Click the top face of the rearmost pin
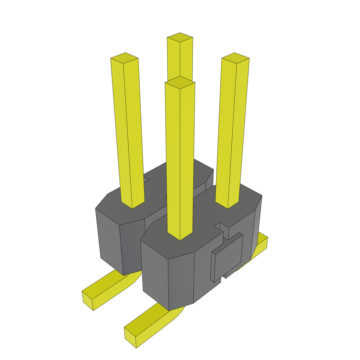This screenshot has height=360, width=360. [x=180, y=37]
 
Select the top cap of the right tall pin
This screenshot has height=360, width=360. [x=235, y=58]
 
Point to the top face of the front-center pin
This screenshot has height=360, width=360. [x=180, y=82]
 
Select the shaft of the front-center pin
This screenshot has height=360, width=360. [x=180, y=158]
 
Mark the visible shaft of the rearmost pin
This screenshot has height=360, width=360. [x=180, y=60]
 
